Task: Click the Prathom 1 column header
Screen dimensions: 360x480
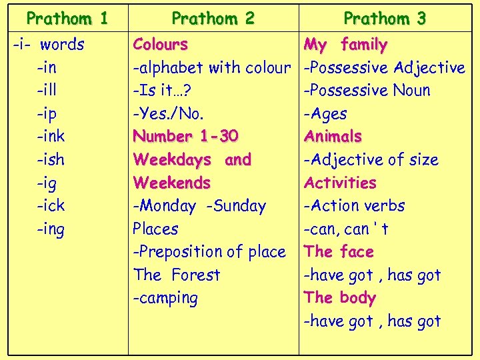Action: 67,19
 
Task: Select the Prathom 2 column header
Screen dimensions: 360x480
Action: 213,19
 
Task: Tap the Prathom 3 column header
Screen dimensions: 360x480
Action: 384,19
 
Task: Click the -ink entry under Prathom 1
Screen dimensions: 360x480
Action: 51,137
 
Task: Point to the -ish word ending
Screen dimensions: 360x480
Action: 51,160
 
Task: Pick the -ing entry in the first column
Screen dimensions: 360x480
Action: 51,229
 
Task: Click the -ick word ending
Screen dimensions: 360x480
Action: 51,206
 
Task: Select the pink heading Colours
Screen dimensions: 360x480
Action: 160,45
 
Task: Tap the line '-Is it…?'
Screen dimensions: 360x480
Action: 163,91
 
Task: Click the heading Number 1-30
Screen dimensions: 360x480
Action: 185,137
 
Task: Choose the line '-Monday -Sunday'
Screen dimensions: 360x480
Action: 199,206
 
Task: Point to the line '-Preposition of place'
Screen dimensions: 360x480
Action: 209,252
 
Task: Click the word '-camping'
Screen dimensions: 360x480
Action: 165,298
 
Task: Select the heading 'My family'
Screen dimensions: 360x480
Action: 345,45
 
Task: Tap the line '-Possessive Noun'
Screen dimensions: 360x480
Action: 367,91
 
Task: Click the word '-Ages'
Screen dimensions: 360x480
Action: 325,114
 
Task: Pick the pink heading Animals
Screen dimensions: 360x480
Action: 333,137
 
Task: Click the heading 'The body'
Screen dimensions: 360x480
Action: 339,298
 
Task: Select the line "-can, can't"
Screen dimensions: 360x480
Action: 346,229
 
